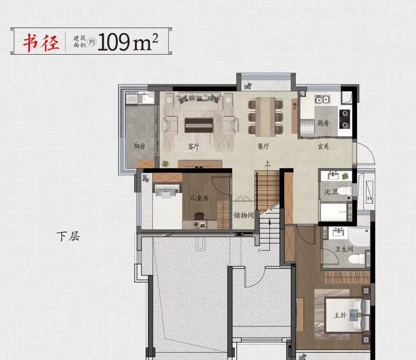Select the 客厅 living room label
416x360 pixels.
point(194,146)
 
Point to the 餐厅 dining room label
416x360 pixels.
point(264,146)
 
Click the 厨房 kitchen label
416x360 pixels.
point(323,123)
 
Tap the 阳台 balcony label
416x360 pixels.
point(139,146)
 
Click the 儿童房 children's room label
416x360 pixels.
point(198,197)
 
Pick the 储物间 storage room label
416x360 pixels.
point(243,215)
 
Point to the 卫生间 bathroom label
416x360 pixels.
point(344,250)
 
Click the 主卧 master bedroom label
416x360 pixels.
point(340,316)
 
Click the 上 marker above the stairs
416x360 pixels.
point(267,165)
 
